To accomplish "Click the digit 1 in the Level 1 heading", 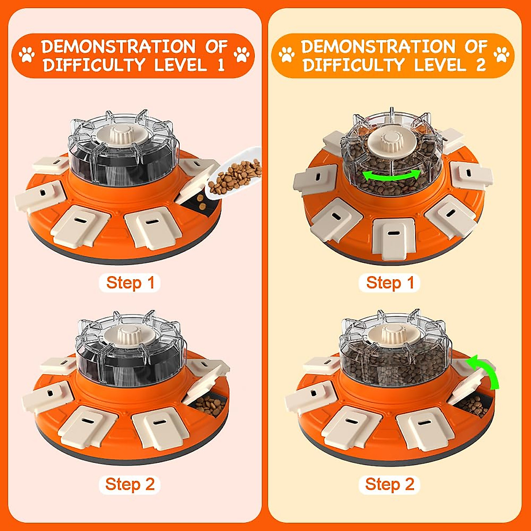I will tap(220, 65).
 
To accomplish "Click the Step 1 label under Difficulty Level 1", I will tap(130, 283).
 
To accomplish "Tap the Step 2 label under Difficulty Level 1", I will tap(130, 485).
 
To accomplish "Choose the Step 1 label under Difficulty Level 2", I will tap(390, 283).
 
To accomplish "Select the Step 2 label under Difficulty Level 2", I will tap(390, 485).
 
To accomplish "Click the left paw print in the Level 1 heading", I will tap(27, 55).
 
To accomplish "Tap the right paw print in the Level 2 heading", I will tap(501, 55).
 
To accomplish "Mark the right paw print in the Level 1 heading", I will tap(242, 55).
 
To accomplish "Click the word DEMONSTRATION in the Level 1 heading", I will tap(118, 46).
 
